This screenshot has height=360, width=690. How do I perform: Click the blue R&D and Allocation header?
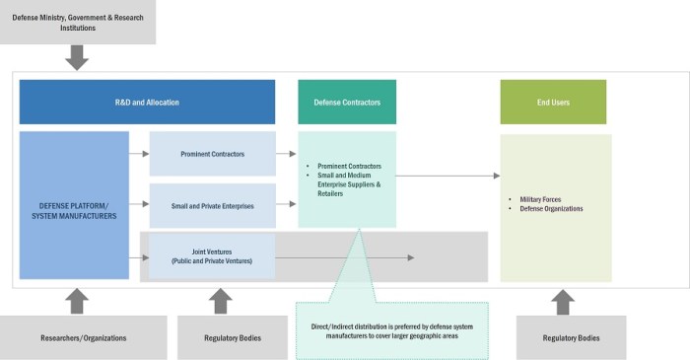pos(147,102)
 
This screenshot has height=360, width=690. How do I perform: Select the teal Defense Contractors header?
pos(340,102)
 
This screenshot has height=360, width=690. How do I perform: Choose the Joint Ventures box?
pos(212,255)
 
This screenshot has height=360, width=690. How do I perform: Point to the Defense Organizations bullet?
pos(550,209)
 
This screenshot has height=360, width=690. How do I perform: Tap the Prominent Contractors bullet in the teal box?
pos(349,166)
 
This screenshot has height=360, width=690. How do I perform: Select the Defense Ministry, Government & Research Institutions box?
pos(77,22)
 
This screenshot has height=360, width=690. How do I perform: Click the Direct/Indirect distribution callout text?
pos(391,329)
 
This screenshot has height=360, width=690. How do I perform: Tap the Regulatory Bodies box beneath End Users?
pos(571,337)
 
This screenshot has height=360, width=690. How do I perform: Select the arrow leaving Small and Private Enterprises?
pos(286,204)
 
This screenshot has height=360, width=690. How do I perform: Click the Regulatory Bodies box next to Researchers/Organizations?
pos(221,337)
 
